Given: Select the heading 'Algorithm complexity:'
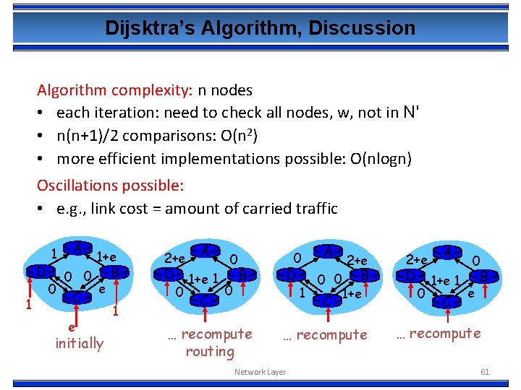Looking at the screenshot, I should coord(114,90).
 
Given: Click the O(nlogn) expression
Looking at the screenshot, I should coord(376,158).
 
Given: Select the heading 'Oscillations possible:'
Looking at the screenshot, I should coord(111,186).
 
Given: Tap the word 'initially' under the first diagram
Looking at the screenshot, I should coord(80,342).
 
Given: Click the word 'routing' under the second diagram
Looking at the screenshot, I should coord(210,352).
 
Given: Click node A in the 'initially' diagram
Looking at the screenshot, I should coord(77,250).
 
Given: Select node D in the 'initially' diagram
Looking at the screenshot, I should coord(41,273).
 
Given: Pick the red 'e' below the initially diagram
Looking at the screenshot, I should coord(72,327).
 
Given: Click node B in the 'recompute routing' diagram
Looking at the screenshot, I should coord(244,275).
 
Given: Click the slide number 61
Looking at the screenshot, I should coord(485,371).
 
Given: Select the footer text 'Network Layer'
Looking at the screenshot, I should coord(260,372).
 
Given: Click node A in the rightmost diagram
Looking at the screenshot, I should coord(448,252).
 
